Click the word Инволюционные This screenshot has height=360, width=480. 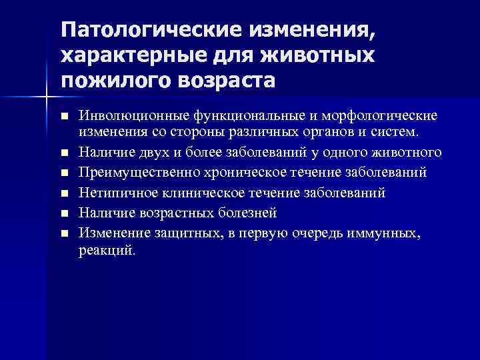(125, 116)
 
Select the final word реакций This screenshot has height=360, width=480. (107, 251)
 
